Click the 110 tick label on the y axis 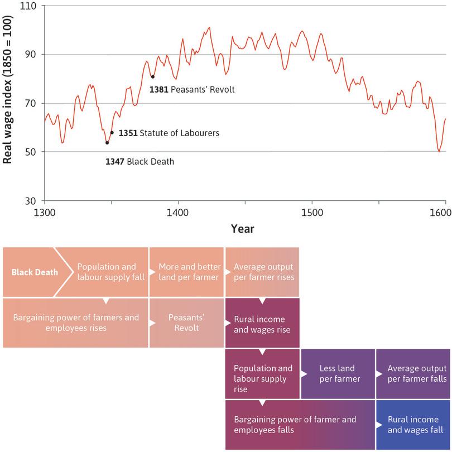pos(27,6)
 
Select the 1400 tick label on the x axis pos(177,212)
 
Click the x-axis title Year pos(243,229)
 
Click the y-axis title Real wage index pos(8,103)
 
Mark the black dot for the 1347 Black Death pos(107,143)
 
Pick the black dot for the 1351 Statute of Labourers pos(112,133)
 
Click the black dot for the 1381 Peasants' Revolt pos(152,76)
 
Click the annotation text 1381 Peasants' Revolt pos(192,89)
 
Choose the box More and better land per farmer pos(186,272)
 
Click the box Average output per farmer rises pos(262,272)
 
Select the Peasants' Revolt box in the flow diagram pos(186,323)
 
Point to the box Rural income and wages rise pos(262,324)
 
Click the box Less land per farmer pos(338,374)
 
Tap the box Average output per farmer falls pos(413,374)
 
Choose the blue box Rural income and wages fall pos(413,425)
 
